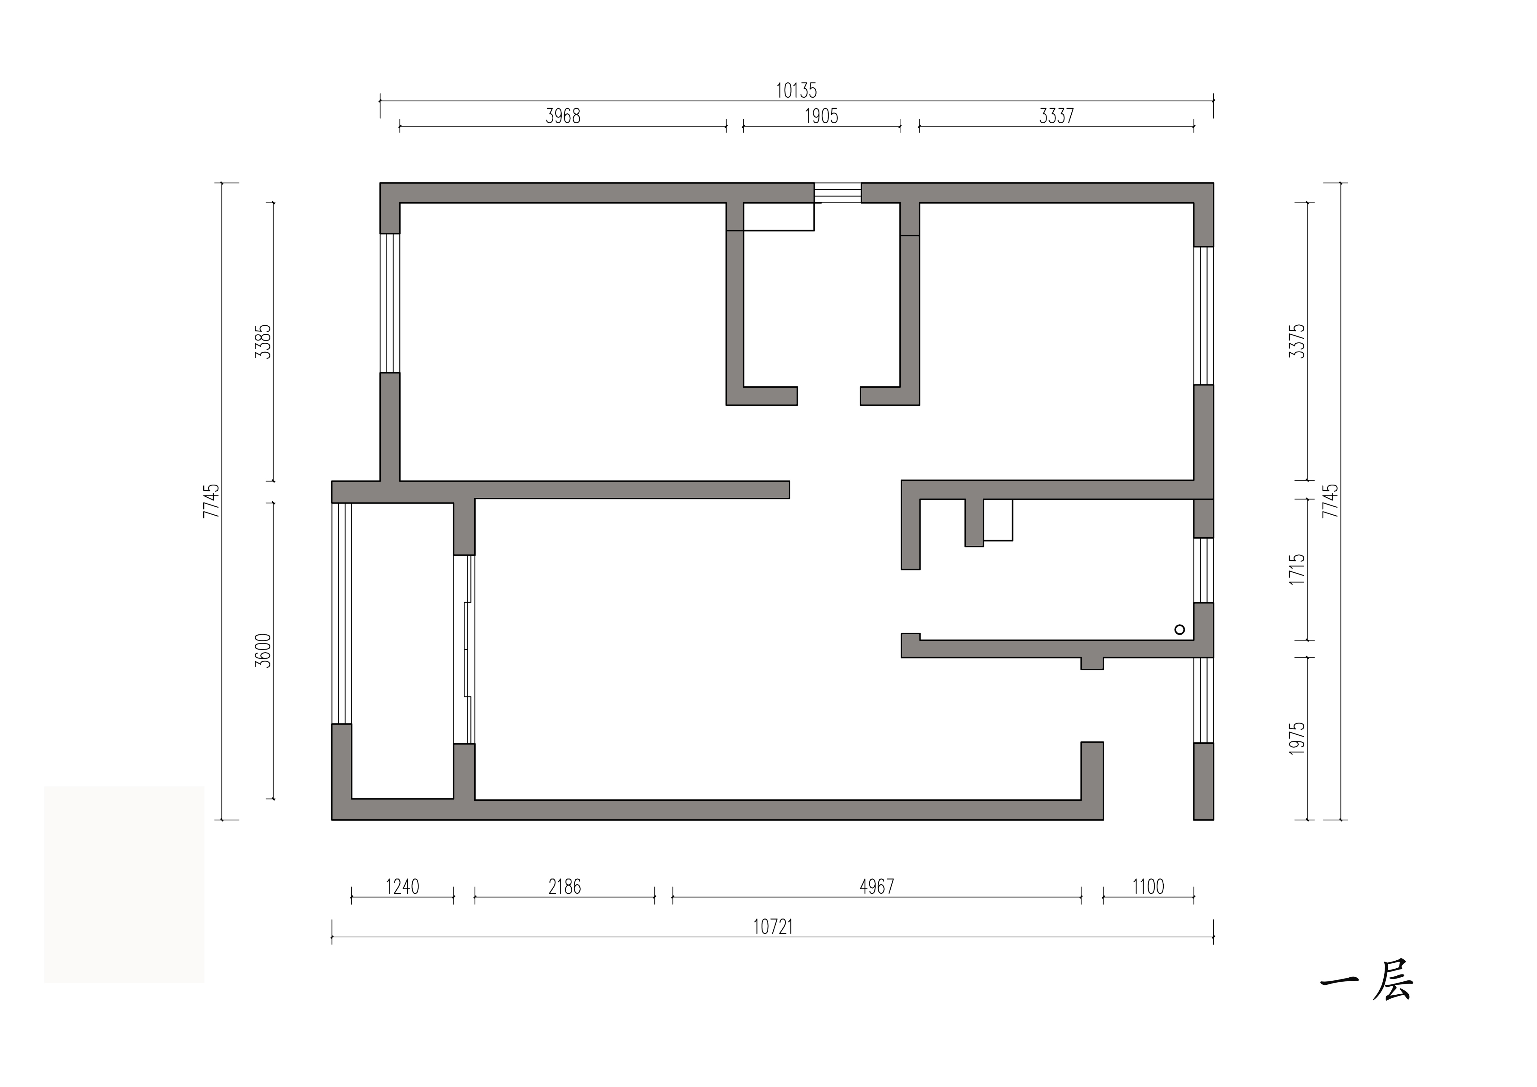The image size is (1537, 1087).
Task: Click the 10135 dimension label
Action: [797, 90]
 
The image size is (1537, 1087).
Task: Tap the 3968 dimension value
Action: [563, 117]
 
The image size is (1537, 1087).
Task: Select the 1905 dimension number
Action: [821, 117]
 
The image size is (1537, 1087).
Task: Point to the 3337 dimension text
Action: [1056, 117]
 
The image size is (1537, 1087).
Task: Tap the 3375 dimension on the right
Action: [1297, 341]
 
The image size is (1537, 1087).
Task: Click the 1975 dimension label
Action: [1297, 738]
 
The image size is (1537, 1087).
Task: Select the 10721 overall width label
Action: [773, 927]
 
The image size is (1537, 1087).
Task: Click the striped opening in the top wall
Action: [837, 193]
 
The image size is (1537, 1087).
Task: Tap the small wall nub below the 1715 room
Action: [1092, 663]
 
